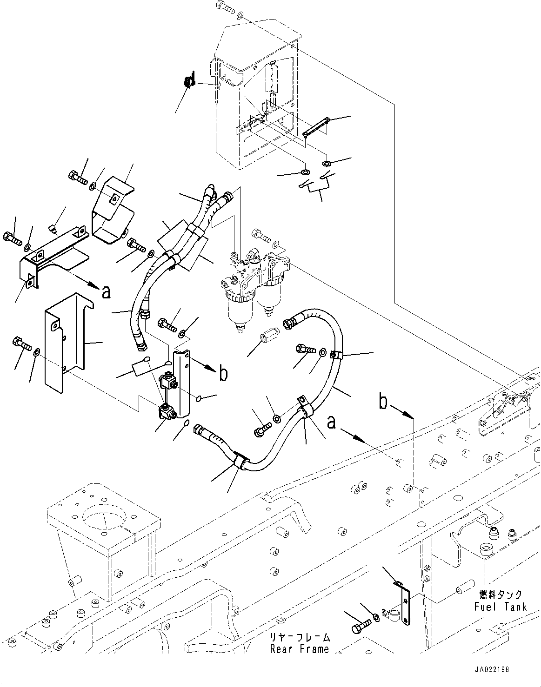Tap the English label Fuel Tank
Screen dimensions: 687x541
(x=501, y=607)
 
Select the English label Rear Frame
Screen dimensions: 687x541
(x=300, y=649)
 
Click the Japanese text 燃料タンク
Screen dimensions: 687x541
(x=501, y=595)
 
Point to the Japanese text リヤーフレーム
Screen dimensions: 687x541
(x=300, y=637)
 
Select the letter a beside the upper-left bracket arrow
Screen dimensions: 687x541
(x=106, y=291)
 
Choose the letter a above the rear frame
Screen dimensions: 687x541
(x=331, y=423)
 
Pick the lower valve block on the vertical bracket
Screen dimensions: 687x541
(x=167, y=410)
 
